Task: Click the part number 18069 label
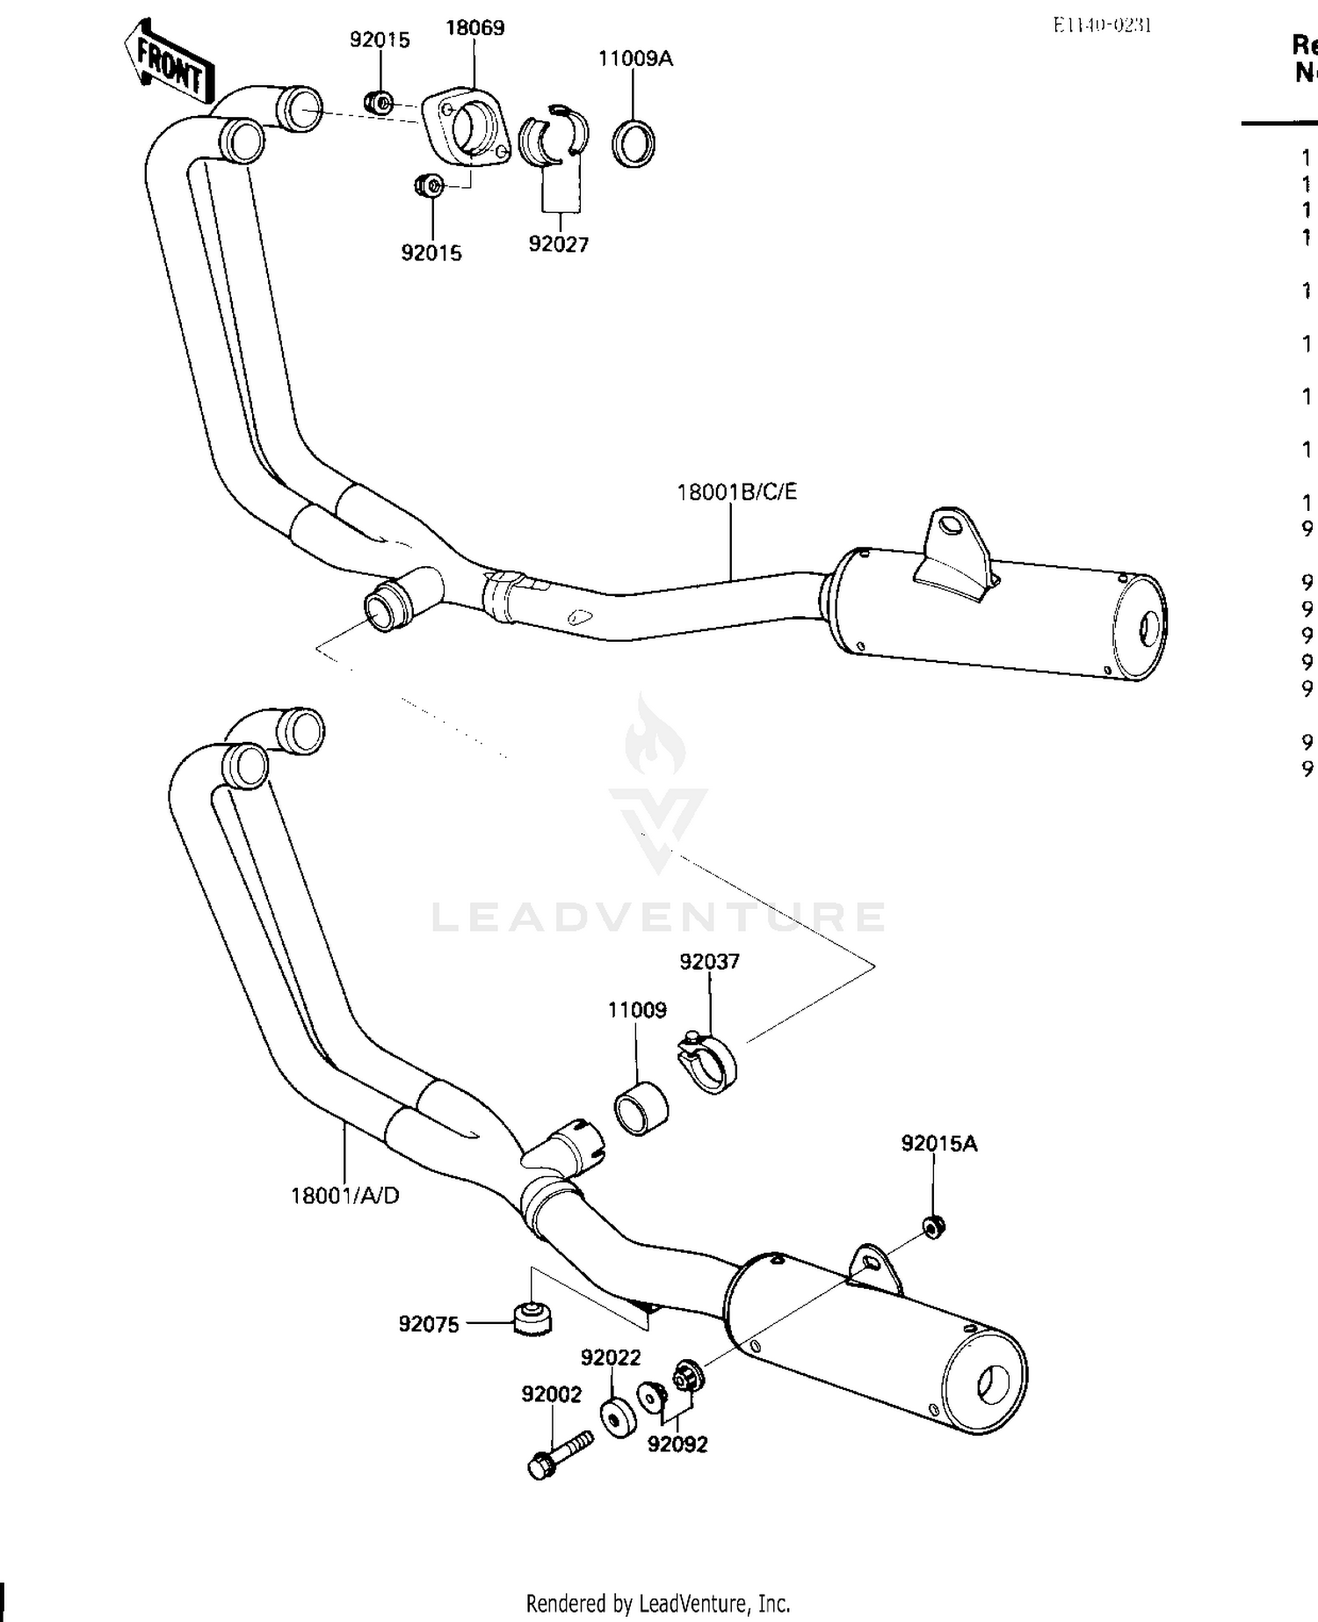tap(474, 28)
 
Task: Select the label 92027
tap(558, 244)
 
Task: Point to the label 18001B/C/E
tap(736, 492)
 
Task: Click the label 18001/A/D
tap(344, 1196)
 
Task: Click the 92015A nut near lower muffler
tap(933, 1225)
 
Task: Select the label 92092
tap(677, 1444)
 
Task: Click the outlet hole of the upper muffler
tap(1148, 629)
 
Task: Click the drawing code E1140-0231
tap(1102, 25)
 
